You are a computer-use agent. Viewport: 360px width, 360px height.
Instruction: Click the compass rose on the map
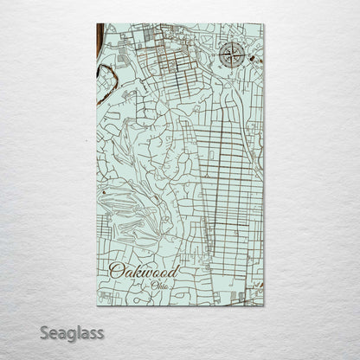click(231, 55)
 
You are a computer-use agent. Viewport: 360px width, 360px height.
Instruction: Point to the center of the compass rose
click(231, 55)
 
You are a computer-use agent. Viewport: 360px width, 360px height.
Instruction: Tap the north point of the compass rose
click(231, 42)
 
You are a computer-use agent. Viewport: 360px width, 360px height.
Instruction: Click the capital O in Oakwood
click(116, 272)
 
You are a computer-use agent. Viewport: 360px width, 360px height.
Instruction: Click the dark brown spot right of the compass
click(252, 59)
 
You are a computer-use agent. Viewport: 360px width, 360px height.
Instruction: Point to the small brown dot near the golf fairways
click(103, 192)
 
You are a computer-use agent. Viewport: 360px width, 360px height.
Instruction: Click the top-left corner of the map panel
click(97, 24)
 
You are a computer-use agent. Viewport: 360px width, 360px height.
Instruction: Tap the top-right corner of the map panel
click(264, 24)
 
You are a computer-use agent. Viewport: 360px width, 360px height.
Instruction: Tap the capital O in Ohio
click(152, 285)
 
